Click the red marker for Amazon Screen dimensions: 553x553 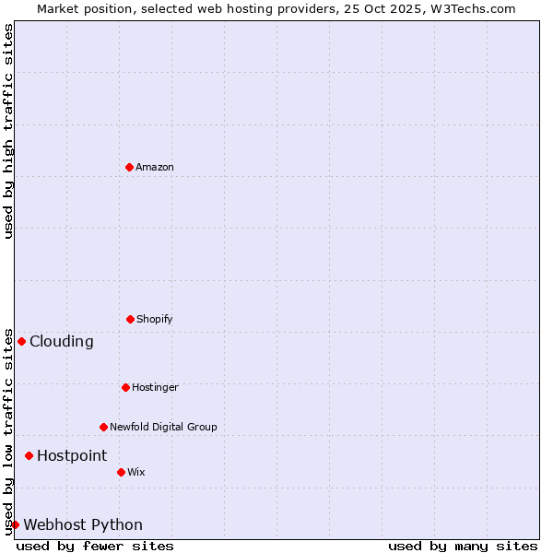[129, 167]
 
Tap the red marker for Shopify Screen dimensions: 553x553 [130, 319]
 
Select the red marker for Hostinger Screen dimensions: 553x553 [125, 387]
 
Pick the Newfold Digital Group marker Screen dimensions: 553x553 [103, 427]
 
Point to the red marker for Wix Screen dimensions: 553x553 [121, 472]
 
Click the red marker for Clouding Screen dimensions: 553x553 [21, 341]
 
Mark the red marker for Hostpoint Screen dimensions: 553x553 [29, 455]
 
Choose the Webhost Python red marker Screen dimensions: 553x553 [15, 524]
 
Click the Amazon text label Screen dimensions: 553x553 [155, 168]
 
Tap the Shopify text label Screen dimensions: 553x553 [155, 320]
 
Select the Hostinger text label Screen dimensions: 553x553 [155, 388]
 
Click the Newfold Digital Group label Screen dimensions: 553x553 [163, 428]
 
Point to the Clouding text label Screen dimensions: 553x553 [62, 342]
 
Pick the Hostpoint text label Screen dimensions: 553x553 [72, 456]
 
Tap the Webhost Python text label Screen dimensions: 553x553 [83, 525]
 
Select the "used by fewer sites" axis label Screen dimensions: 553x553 [95, 547]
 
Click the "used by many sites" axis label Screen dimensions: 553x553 [463, 547]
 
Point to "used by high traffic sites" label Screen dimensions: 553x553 [8, 131]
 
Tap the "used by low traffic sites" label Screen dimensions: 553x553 [8, 431]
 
